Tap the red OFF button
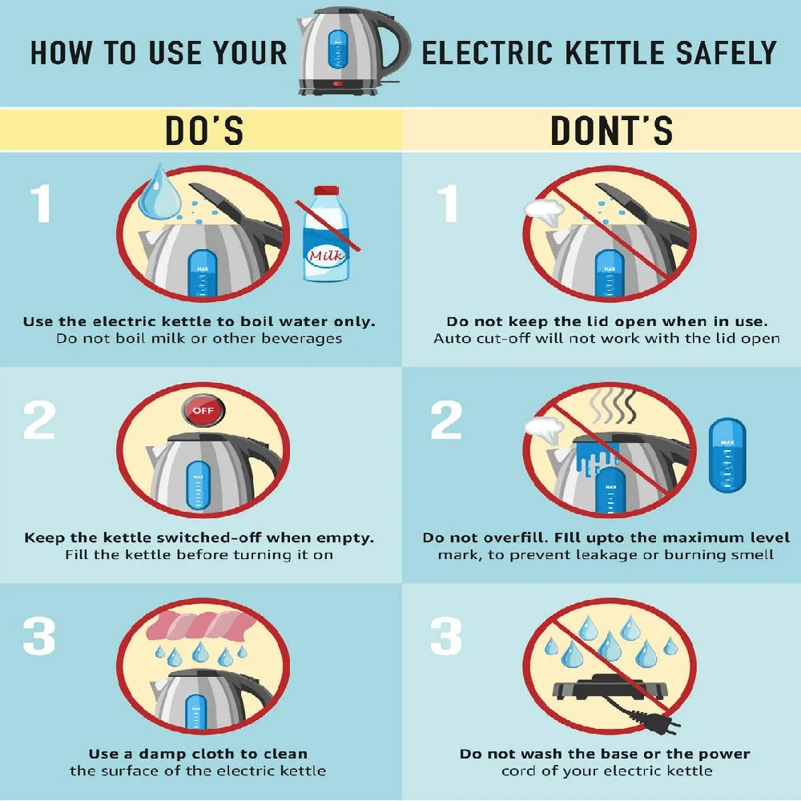(x=203, y=410)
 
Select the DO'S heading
(x=204, y=131)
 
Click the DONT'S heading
(x=611, y=131)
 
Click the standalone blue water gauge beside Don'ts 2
(x=727, y=456)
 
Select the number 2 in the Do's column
(x=39, y=420)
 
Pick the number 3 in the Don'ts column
(x=446, y=636)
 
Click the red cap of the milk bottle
(x=326, y=191)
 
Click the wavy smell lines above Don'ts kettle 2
(x=614, y=407)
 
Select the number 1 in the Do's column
(x=41, y=203)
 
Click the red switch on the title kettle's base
(x=338, y=84)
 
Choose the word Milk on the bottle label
(x=327, y=255)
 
